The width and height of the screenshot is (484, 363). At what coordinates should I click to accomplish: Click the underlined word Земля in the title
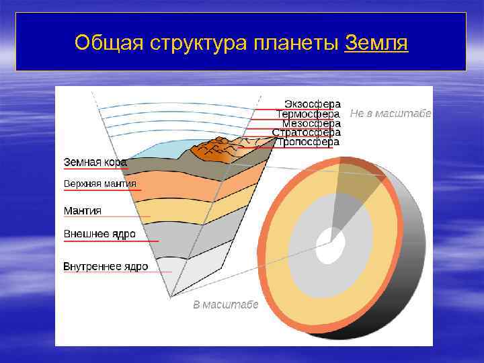pyautogui.click(x=376, y=42)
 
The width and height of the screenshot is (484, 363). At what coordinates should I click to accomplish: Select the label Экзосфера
pyautogui.click(x=312, y=104)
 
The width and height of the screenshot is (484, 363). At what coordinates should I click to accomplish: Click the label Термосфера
pyautogui.click(x=309, y=114)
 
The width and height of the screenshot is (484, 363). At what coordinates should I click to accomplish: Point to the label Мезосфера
pyautogui.click(x=311, y=124)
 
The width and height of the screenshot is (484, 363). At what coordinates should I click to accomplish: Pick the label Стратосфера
pyautogui.click(x=306, y=133)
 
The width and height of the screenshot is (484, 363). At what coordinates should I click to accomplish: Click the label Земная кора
pyautogui.click(x=95, y=162)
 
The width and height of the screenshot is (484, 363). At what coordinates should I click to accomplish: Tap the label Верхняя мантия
pyautogui.click(x=99, y=184)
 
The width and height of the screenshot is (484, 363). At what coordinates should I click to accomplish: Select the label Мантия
pyautogui.click(x=82, y=210)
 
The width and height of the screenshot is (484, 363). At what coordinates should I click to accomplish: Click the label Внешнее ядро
pyautogui.click(x=99, y=234)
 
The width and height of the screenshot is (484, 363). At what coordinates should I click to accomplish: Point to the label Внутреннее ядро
pyautogui.click(x=106, y=266)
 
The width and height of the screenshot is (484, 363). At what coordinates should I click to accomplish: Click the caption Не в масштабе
pyautogui.click(x=390, y=114)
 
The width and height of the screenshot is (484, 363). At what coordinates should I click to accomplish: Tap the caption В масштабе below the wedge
pyautogui.click(x=225, y=305)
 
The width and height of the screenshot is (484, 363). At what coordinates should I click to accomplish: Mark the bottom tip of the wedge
pyautogui.click(x=171, y=296)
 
